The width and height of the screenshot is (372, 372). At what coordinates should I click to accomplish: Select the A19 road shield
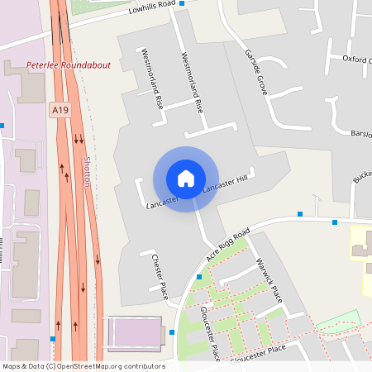coord(58,108)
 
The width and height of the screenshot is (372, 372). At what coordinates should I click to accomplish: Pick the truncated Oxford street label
coord(357,60)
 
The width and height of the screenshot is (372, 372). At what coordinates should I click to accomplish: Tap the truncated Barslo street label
coord(361,133)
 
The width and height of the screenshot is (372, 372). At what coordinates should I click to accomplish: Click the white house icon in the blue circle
coord(186,178)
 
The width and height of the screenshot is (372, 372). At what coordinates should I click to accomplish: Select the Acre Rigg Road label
coord(228,246)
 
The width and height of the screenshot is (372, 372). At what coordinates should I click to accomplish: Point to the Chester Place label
coord(160,276)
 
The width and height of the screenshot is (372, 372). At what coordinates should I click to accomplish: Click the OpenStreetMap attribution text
coord(83,366)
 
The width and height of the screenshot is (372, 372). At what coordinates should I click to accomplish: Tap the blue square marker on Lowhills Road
coord(183,2)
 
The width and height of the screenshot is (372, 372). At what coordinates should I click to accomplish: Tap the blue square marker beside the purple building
coord(172,332)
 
